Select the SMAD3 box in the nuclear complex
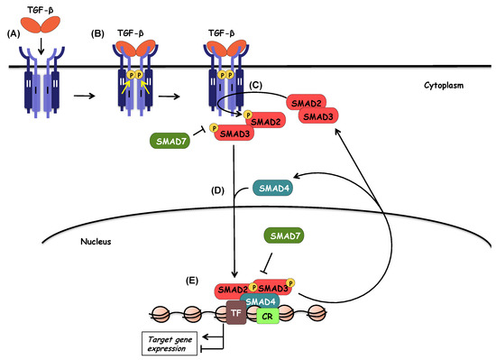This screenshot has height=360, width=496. [274, 288]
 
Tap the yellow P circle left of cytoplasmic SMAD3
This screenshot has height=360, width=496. [214, 128]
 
